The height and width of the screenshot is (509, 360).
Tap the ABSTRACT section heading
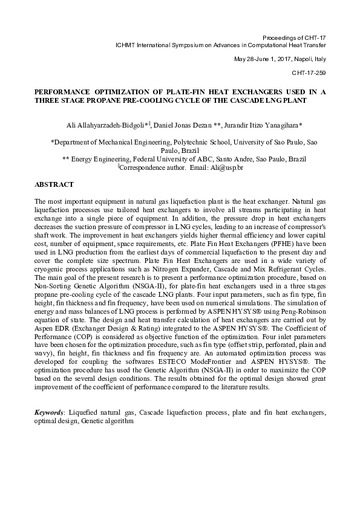click(54, 184)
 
